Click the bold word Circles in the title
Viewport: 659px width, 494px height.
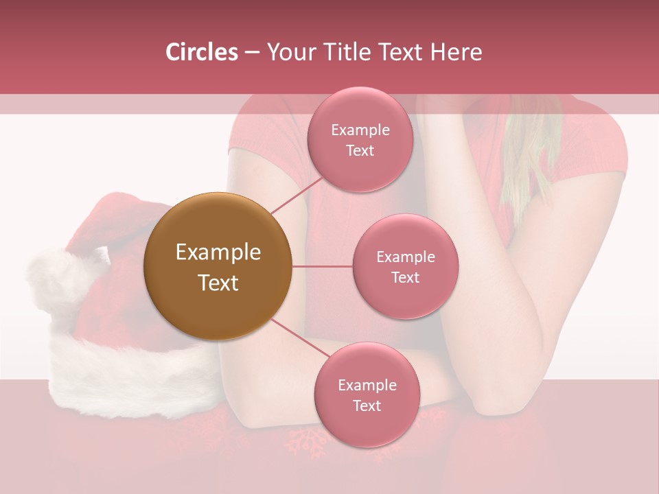coord(201,52)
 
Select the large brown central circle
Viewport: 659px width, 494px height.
coord(218,266)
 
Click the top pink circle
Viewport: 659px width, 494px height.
coord(360,140)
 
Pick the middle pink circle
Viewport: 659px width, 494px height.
coord(405,266)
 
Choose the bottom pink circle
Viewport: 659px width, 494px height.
coord(367,395)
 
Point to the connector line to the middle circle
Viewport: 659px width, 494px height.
coord(322,266)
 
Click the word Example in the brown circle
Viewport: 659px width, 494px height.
coord(218,252)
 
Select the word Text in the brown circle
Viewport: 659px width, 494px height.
coord(218,283)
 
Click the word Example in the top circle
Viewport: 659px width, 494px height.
coord(360,130)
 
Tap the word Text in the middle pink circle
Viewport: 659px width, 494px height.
coord(405,277)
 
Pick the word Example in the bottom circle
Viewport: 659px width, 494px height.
coord(367,386)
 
